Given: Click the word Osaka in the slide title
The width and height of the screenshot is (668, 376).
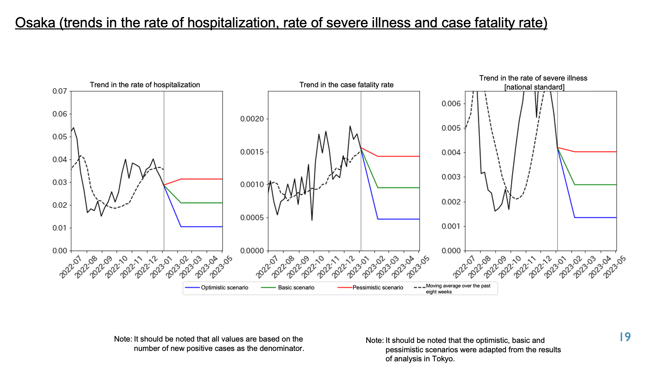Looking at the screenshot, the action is [35, 23].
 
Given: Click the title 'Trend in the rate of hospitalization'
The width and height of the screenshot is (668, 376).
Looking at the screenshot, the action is [145, 85].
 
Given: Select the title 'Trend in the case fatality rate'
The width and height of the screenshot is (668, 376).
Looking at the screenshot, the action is [346, 85].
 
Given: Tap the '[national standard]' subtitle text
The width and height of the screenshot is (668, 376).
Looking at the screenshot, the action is [534, 87].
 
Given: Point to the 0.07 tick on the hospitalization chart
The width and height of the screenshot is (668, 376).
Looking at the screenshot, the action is [60, 91].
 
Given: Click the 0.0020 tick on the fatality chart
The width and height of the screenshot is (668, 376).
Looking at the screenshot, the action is [252, 119].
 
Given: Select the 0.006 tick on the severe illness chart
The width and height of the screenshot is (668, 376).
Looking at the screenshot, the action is [451, 104].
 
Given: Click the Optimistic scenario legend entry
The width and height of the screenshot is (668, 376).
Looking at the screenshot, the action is [217, 287].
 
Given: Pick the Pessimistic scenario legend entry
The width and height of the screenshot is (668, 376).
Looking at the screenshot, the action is [370, 287].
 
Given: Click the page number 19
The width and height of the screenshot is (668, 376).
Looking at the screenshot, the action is [625, 337].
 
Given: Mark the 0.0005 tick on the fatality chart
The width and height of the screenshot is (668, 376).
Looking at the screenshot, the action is [252, 218].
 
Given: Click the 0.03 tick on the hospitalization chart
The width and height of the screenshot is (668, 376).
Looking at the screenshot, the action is [60, 182].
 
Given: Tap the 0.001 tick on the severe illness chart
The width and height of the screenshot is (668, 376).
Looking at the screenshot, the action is [451, 226].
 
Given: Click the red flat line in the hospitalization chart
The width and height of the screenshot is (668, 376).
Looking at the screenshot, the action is [202, 179].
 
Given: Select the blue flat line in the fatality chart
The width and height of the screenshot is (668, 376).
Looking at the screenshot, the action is [398, 219].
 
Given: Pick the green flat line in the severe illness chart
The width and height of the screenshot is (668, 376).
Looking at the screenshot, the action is [596, 184].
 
